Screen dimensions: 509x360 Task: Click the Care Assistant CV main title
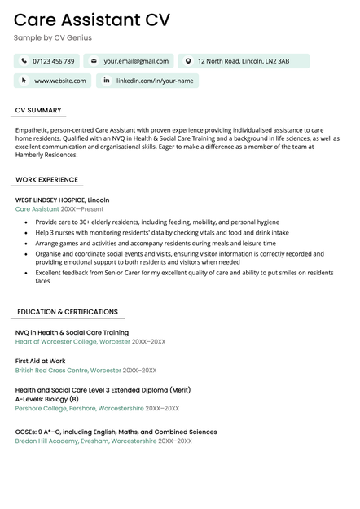click(x=91, y=20)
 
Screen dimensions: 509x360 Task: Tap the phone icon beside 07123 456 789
click(x=24, y=61)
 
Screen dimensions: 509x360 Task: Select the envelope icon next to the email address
click(x=94, y=61)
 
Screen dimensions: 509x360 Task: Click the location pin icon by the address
click(x=188, y=61)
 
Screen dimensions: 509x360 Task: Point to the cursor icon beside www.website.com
click(x=24, y=81)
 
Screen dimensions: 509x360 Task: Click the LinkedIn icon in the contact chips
click(x=107, y=81)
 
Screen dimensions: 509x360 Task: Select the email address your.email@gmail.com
click(x=136, y=61)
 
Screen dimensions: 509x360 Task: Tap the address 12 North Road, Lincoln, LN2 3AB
click(x=243, y=61)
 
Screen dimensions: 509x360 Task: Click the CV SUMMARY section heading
click(x=38, y=110)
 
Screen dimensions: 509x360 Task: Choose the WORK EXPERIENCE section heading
click(x=46, y=180)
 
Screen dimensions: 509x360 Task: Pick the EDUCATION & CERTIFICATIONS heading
click(x=67, y=312)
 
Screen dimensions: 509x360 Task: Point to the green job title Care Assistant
click(x=37, y=209)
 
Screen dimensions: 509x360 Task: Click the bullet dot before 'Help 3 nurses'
click(x=26, y=232)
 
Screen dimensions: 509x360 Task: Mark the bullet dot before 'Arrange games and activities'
click(x=26, y=243)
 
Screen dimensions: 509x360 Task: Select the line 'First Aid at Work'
click(x=41, y=361)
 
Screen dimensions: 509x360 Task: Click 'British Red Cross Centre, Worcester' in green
click(x=68, y=371)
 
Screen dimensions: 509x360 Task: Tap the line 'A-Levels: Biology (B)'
click(x=47, y=399)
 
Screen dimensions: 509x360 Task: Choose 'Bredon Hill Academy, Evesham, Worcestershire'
click(x=86, y=441)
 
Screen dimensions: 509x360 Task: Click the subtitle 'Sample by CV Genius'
click(x=52, y=38)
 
